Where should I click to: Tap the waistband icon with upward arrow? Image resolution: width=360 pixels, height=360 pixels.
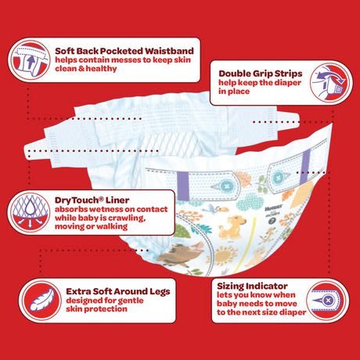[29, 60]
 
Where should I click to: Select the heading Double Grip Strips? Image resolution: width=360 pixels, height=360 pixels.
[261, 74]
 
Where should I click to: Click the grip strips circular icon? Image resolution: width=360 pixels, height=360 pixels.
[331, 82]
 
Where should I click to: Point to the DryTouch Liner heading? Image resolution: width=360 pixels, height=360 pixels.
[92, 200]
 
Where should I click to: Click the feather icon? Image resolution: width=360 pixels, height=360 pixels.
[41, 301]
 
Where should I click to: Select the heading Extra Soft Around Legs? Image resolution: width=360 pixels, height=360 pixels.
[118, 291]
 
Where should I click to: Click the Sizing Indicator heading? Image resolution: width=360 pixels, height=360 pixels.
[252, 286]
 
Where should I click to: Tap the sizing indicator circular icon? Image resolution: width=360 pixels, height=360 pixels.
[328, 301]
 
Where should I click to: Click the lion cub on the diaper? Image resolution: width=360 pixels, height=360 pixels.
[231, 226]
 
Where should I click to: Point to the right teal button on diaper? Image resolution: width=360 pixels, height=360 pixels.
[277, 178]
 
